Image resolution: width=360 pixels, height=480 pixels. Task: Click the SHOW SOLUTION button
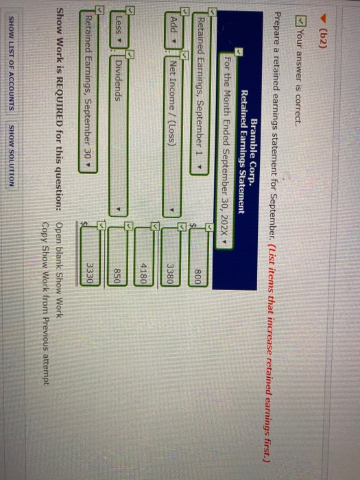(x=12, y=156)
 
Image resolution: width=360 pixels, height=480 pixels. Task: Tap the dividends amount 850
(x=117, y=256)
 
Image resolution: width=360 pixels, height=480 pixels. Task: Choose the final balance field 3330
(x=90, y=256)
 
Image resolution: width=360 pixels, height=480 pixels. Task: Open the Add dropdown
(x=174, y=31)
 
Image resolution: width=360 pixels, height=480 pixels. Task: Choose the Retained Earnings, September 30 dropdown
(x=88, y=92)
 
